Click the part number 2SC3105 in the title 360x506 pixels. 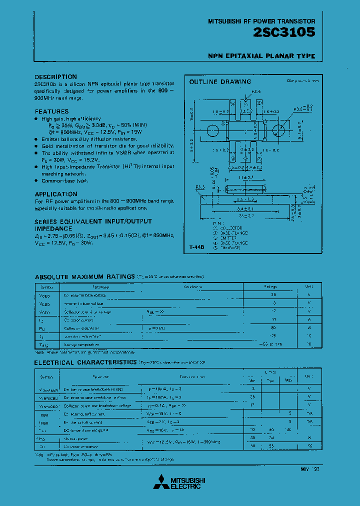coord(284,33)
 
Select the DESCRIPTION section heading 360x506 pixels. coord(56,76)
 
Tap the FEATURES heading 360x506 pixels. coord(52,111)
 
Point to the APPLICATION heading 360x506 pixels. coord(56,194)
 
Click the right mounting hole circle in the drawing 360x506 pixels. coord(278,129)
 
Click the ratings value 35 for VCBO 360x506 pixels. coord(273,295)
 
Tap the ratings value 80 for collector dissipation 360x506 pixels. coord(273,328)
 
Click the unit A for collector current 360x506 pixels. coord(309,320)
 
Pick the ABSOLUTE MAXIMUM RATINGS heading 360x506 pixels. coord(83,276)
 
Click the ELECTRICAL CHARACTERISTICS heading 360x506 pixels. coord(85,362)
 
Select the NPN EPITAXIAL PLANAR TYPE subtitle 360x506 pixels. coord(261,56)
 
